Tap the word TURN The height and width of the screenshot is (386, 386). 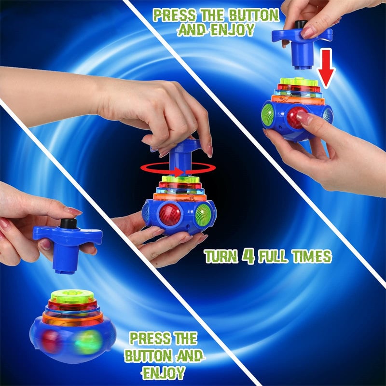tap(221, 256)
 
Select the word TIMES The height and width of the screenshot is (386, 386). tap(313, 256)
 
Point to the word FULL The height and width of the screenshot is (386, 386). tap(274, 256)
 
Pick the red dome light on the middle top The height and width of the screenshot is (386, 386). tap(169, 215)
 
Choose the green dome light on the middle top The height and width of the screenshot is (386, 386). tap(203, 214)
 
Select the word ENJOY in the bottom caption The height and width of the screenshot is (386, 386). tap(164, 372)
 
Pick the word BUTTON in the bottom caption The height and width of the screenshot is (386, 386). tap(143, 355)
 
